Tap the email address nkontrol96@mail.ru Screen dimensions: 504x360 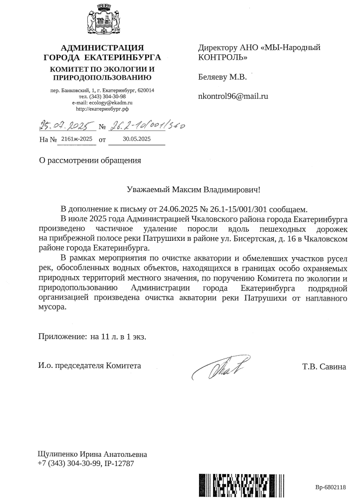point(234,96)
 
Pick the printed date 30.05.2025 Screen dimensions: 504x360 point(137,139)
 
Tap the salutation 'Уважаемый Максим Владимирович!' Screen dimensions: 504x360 point(193,190)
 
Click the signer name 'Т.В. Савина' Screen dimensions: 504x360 point(324,366)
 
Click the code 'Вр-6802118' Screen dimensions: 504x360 point(330,487)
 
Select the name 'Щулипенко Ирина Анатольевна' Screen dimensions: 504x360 point(92,454)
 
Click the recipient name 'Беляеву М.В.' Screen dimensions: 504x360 point(223,76)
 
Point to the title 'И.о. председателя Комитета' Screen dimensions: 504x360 point(89,366)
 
